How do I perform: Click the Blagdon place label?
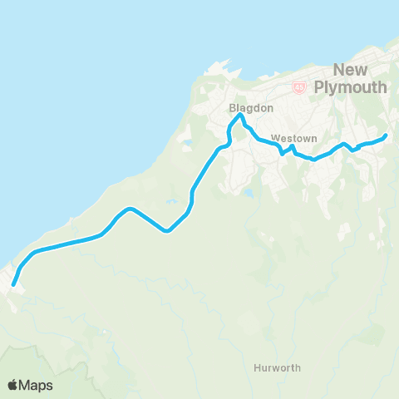point(244,107)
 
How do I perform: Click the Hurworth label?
point(278,367)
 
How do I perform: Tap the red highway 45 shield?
point(299,86)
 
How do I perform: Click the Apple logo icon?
point(13,385)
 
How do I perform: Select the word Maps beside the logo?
point(38,385)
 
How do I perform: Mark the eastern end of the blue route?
point(386,135)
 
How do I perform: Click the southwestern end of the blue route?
point(13,285)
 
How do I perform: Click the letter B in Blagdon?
point(232,107)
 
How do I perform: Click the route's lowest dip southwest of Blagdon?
point(167,231)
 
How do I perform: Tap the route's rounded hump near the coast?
point(130,209)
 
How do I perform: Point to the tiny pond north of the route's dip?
point(171,202)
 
